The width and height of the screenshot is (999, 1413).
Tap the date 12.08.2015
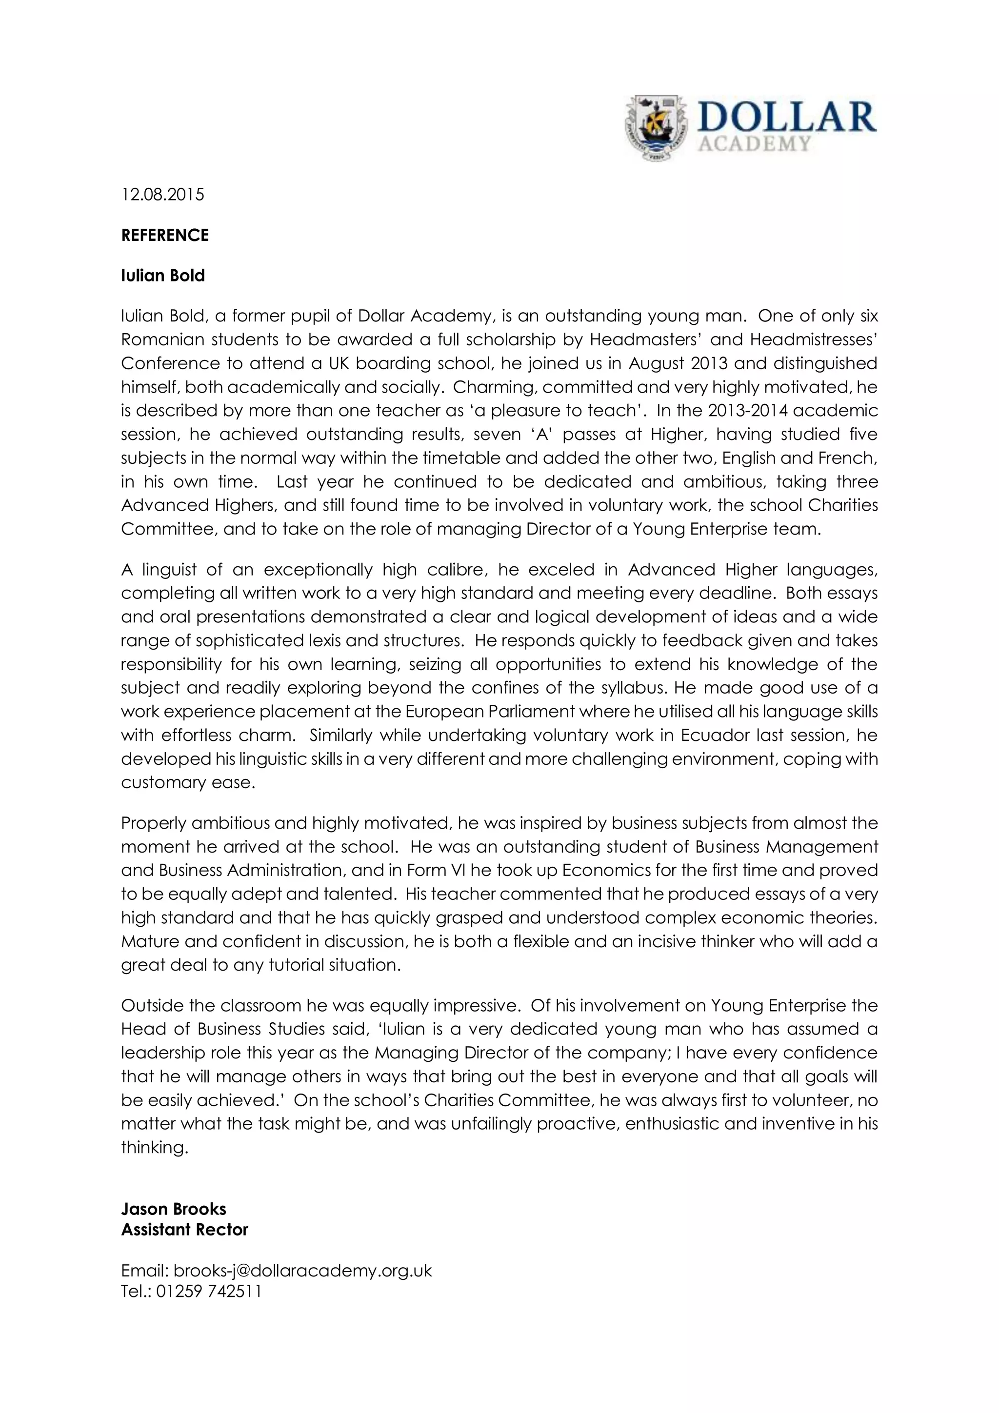162,195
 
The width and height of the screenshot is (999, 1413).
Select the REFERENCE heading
165,235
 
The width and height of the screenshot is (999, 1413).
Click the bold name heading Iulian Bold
162,275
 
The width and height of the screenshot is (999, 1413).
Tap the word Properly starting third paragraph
154,823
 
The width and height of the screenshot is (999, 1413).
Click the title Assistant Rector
185,1230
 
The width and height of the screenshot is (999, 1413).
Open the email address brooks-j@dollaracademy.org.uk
303,1271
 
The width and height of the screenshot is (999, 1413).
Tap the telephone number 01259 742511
209,1291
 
